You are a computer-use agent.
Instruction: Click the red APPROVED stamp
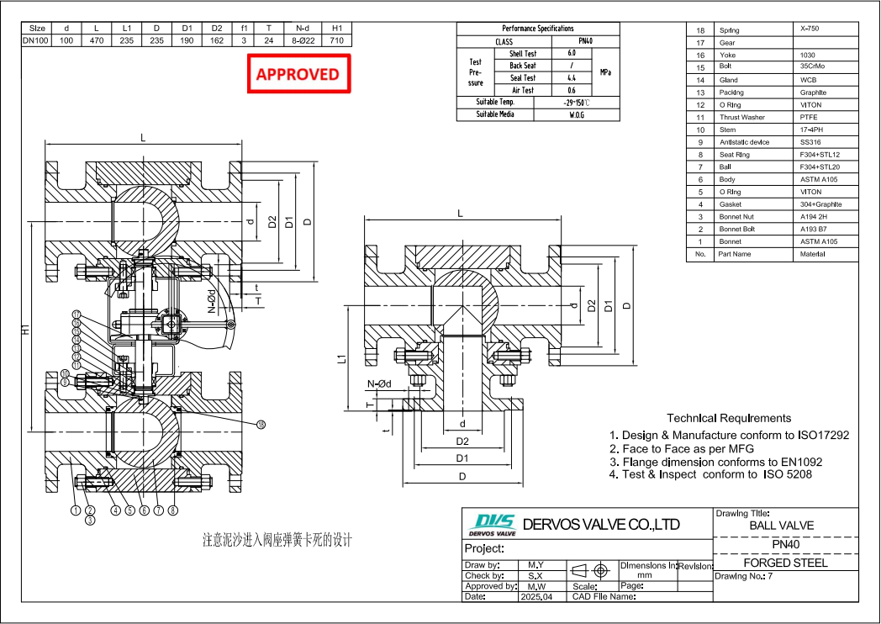point(297,74)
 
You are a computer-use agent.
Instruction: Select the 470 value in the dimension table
point(97,40)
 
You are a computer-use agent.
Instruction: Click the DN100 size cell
point(37,40)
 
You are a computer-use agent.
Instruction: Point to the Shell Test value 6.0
point(572,53)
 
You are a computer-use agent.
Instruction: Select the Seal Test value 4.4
point(572,77)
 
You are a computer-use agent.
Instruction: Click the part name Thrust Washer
point(741,118)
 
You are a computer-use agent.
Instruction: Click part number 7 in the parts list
point(699,167)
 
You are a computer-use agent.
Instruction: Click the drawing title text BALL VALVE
point(781,526)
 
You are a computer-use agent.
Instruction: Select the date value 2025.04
point(535,596)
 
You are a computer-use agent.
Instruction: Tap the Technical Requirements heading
point(728,418)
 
